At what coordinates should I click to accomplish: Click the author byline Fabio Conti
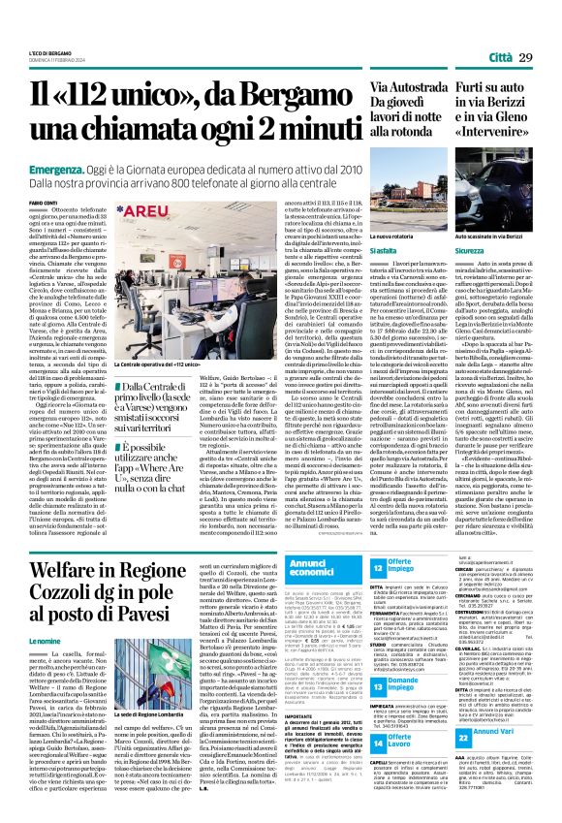tap(45, 202)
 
